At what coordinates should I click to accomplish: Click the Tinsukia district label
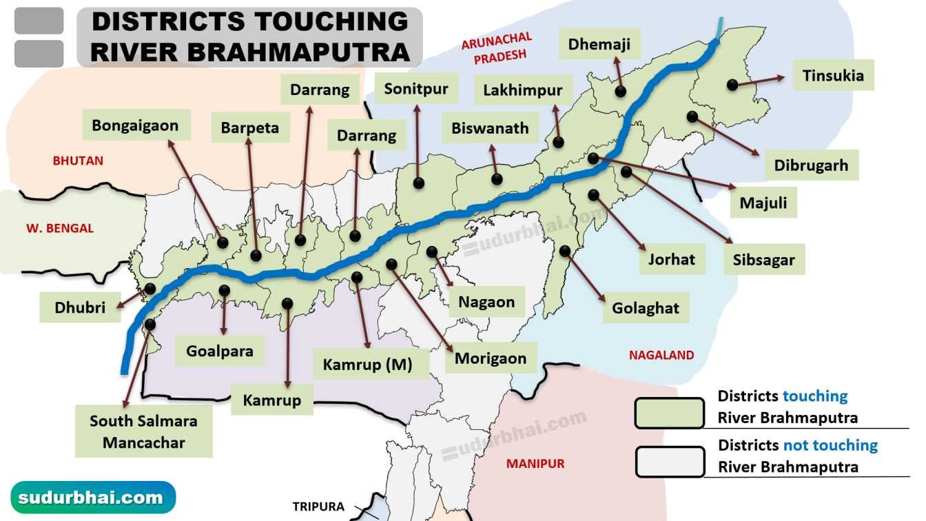coord(832,75)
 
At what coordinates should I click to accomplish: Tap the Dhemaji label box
coord(599,45)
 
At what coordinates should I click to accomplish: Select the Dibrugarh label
coord(811,165)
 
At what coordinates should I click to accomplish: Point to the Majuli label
coord(763,203)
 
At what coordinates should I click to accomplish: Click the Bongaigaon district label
coord(135,125)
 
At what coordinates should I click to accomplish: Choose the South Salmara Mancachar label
coord(143,431)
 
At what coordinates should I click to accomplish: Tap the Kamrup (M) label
coord(367,365)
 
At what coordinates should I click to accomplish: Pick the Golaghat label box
coord(646,308)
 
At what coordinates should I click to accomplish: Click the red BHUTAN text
coord(78,161)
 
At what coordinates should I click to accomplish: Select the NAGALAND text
coord(661,356)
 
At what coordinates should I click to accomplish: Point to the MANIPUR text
coord(535,463)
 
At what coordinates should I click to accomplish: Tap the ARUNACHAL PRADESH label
coord(495,48)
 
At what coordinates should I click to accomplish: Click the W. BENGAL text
coord(60,228)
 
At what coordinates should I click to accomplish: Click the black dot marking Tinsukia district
coord(732,85)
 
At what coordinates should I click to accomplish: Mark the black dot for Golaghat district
coord(564,251)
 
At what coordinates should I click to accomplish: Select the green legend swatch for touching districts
coord(669,413)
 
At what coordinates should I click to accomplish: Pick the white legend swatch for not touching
coord(669,462)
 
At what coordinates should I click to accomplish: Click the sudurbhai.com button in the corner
coord(93,497)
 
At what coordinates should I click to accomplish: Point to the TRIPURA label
coord(318,507)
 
